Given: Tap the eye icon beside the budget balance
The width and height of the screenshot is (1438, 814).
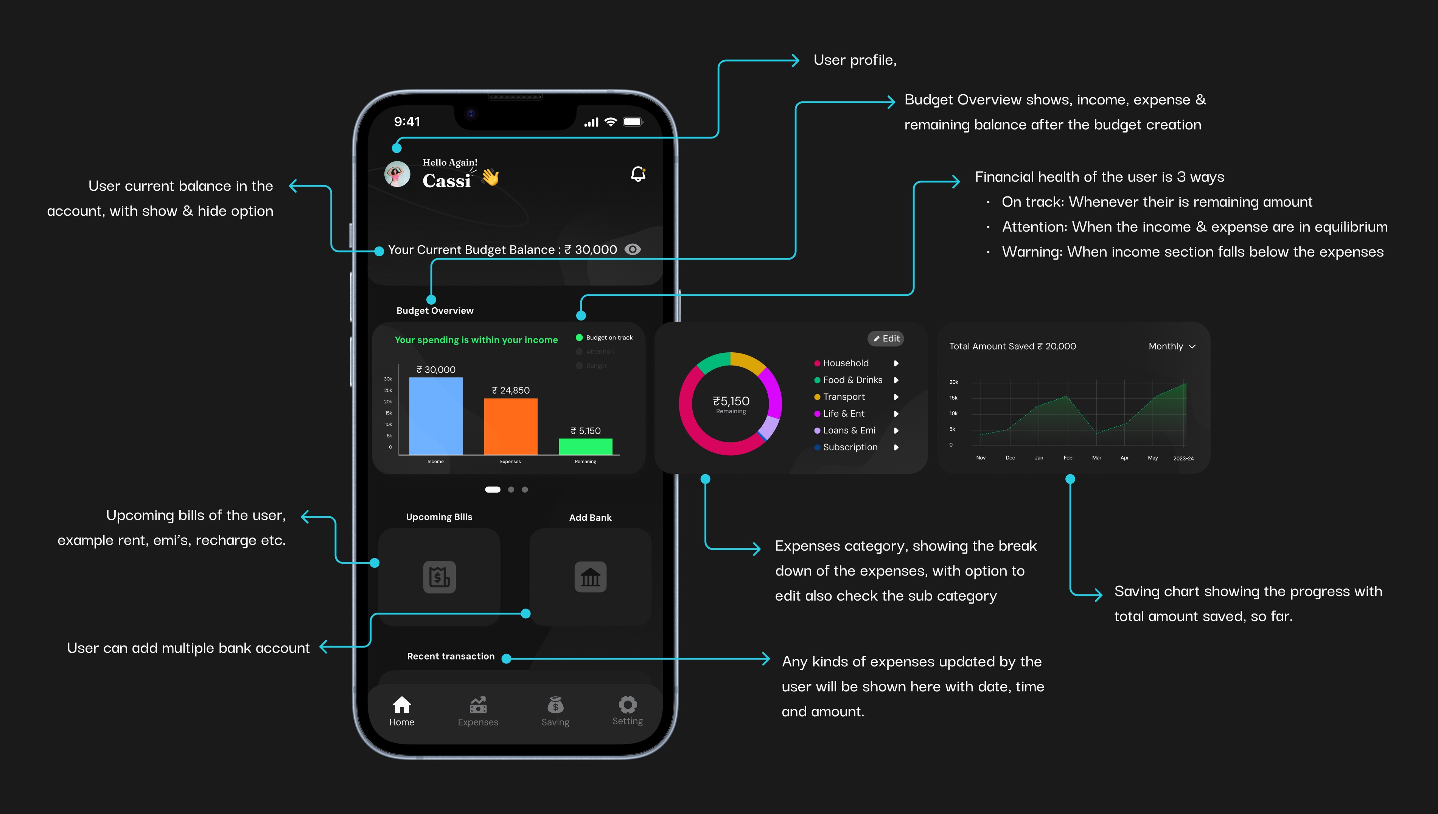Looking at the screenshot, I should click(632, 249).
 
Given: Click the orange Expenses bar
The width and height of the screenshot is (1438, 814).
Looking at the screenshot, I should click(510, 426).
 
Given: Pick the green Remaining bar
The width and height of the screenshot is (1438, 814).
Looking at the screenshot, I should click(585, 446).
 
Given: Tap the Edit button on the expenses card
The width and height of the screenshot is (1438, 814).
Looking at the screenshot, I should click(886, 338).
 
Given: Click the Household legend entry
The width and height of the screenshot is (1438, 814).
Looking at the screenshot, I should click(845, 363).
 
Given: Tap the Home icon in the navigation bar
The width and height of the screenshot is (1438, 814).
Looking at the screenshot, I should click(402, 705).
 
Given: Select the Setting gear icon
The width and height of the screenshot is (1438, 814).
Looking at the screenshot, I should click(628, 704).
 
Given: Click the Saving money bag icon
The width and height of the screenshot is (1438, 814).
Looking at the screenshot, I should click(555, 705).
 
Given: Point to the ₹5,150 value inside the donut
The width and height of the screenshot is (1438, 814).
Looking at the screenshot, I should click(731, 401).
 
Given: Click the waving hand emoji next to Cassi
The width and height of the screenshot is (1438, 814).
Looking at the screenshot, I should click(490, 177).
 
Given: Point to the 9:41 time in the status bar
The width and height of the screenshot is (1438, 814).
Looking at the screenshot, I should click(407, 122).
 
